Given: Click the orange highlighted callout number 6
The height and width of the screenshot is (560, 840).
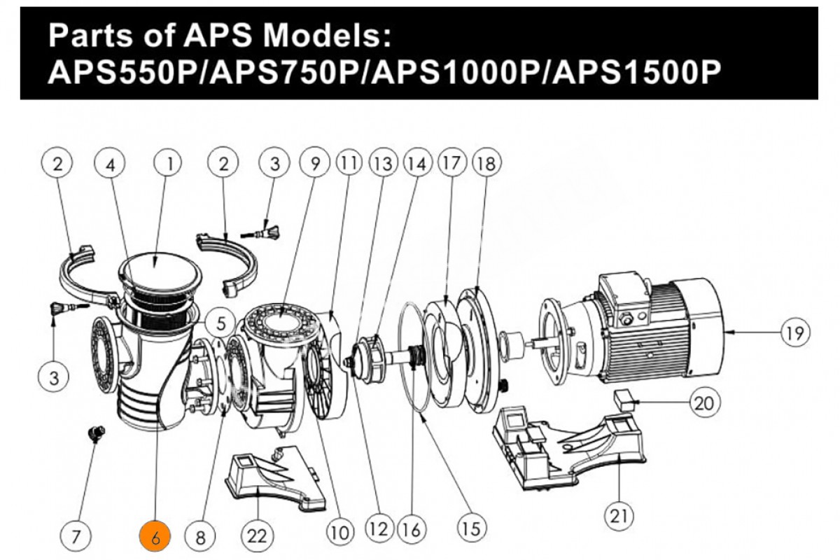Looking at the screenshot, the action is [x=155, y=536].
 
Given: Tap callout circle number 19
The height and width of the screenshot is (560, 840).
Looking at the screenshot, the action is [x=795, y=332].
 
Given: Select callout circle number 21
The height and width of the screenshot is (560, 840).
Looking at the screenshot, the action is [x=619, y=516].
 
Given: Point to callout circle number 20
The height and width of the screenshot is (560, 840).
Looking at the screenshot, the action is [x=704, y=403].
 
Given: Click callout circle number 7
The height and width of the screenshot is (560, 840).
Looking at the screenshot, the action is [x=76, y=537].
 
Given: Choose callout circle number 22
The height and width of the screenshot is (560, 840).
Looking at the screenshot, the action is [x=257, y=537].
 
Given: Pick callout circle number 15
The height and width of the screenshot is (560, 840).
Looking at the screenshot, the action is [x=472, y=528].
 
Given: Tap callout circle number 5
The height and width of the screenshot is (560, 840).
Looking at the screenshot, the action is [x=220, y=323].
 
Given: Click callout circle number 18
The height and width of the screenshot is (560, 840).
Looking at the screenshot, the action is [x=486, y=163].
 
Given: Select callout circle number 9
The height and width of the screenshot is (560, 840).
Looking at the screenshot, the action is [x=315, y=163].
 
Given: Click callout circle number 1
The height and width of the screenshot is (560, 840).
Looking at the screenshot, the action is [x=167, y=163].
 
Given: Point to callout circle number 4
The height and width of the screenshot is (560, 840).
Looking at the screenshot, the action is [x=110, y=163].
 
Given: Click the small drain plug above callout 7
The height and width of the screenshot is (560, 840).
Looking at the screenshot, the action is [x=97, y=434].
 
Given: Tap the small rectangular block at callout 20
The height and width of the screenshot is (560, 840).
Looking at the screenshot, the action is [x=624, y=400].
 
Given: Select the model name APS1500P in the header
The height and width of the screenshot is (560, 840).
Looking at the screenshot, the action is [x=637, y=71].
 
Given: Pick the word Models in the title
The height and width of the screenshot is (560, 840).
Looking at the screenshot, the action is [x=326, y=36].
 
